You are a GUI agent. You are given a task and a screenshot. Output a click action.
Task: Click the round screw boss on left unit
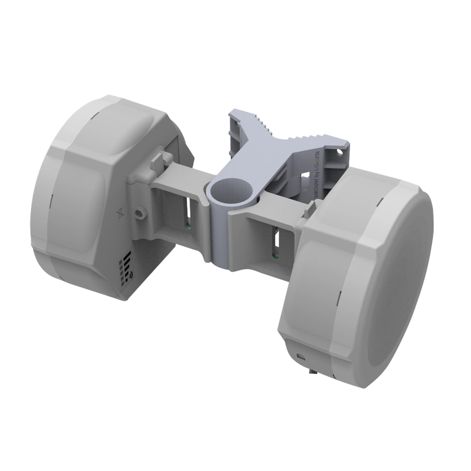tap(139, 214)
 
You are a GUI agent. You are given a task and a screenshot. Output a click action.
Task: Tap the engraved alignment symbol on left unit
tap(120, 214)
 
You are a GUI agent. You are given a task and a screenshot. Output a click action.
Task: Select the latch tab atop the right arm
tap(312, 208)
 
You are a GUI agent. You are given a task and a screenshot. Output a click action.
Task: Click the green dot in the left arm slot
tap(188, 225)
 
